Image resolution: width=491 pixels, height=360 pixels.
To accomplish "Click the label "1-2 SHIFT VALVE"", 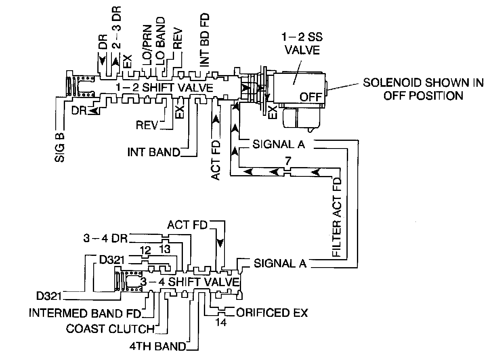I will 164,88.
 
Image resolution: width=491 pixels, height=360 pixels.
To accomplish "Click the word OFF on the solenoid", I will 311,97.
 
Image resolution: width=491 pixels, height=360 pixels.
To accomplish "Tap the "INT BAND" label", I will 153,153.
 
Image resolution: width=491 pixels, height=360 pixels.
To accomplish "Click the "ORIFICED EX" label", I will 272,313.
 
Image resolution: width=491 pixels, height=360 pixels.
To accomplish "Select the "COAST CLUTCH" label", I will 110,329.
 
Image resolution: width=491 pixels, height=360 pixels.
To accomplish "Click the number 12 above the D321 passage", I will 145,250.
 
